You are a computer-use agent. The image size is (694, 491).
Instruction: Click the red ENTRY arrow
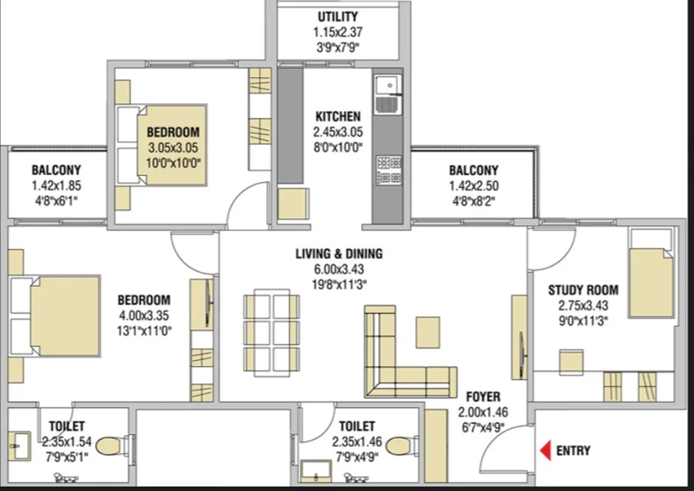click(x=545, y=450)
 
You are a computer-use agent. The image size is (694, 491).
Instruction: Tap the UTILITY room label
click(x=338, y=17)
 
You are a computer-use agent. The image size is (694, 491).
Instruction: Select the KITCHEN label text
click(x=338, y=117)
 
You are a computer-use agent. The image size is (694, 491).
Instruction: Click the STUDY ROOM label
click(x=583, y=290)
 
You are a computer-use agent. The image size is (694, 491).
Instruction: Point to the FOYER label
click(x=483, y=397)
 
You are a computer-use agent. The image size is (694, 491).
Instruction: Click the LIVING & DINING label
click(x=339, y=254)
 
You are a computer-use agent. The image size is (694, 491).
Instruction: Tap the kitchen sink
click(x=388, y=95)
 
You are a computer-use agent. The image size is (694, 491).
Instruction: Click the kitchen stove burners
click(x=389, y=170)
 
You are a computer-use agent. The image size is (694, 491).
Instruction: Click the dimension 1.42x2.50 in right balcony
click(x=473, y=187)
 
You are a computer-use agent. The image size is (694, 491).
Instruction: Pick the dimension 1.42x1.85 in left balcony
click(x=56, y=186)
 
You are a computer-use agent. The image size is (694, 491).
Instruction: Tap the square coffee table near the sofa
click(x=427, y=332)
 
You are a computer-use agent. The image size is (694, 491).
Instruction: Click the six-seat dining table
click(x=271, y=333)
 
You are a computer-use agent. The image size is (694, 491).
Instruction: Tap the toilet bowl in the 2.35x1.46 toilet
click(x=402, y=446)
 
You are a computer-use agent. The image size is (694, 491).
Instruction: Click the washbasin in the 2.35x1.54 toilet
click(x=20, y=446)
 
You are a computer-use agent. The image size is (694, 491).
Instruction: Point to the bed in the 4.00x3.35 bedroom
click(x=56, y=316)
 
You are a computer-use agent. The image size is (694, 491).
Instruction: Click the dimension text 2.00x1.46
click(x=483, y=412)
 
